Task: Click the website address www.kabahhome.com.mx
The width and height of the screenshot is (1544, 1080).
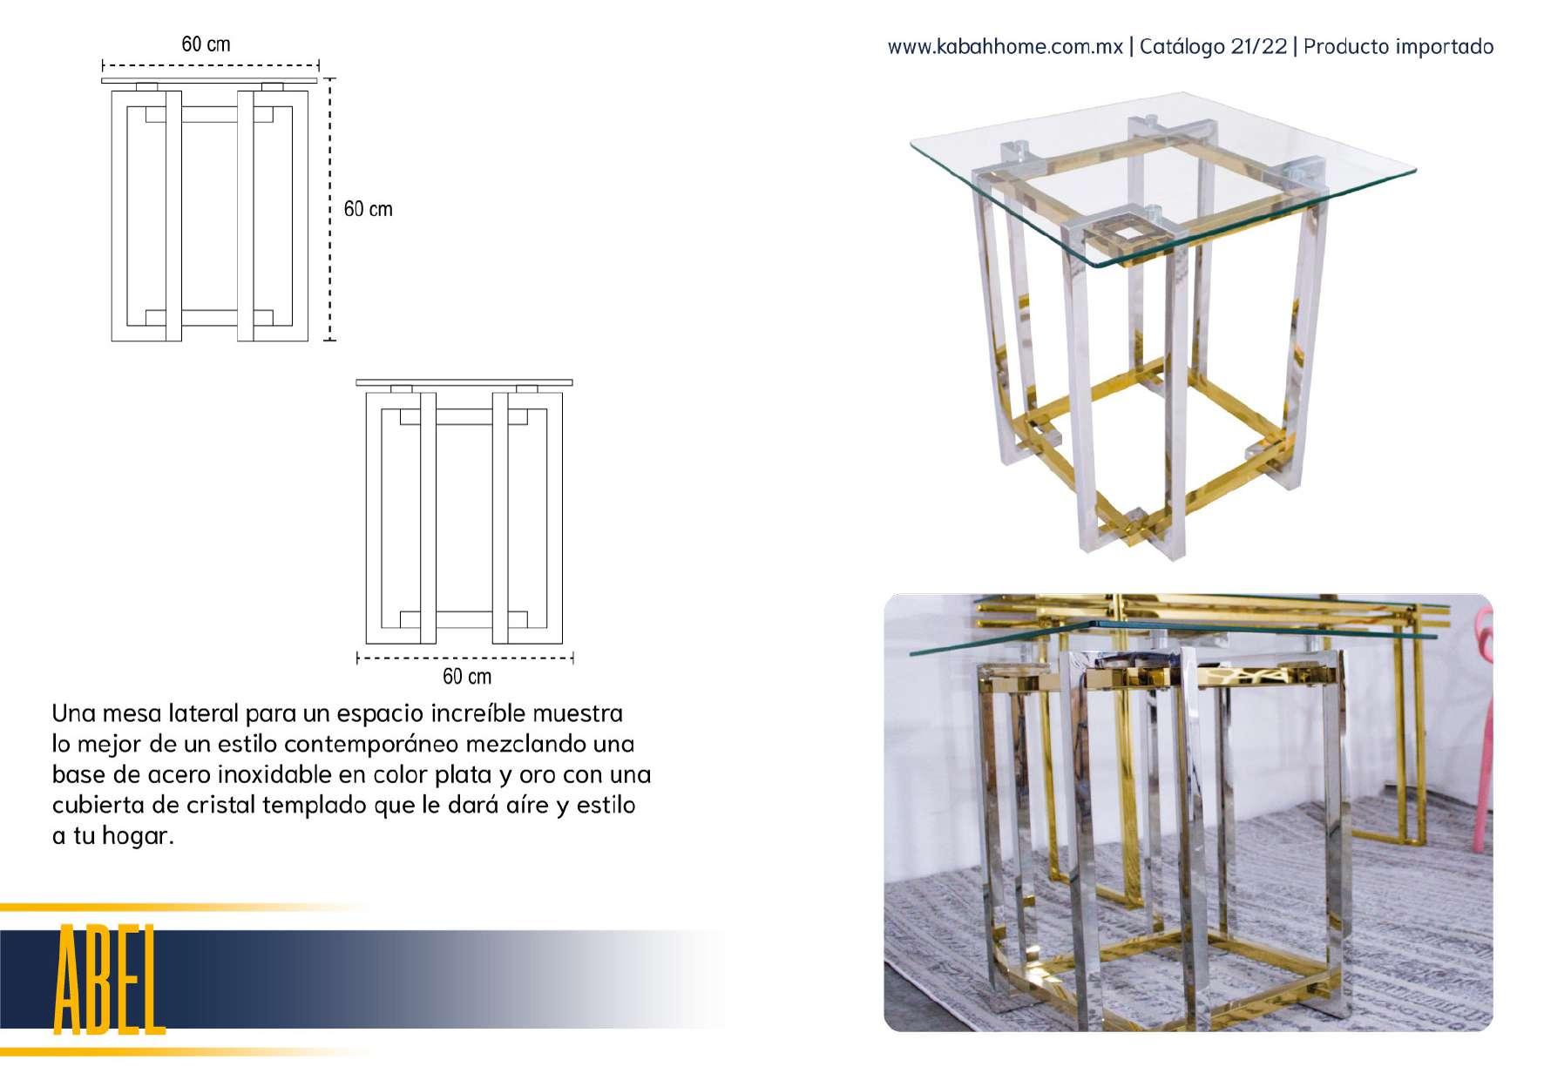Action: [1005, 47]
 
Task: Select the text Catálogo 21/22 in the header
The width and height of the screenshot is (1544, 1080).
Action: [1213, 47]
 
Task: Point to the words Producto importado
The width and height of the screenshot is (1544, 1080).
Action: [1398, 47]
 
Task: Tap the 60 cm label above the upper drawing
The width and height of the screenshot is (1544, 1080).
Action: [206, 44]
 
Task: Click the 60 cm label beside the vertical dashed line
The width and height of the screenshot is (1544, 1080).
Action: [368, 209]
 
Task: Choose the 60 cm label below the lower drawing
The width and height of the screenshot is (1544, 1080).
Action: [467, 677]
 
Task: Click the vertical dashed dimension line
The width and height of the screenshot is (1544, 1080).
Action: [330, 209]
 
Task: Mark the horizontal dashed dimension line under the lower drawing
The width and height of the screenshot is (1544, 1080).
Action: [465, 658]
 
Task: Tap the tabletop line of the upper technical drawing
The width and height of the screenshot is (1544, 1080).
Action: [209, 81]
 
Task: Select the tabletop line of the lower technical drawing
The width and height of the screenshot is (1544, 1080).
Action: [464, 382]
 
